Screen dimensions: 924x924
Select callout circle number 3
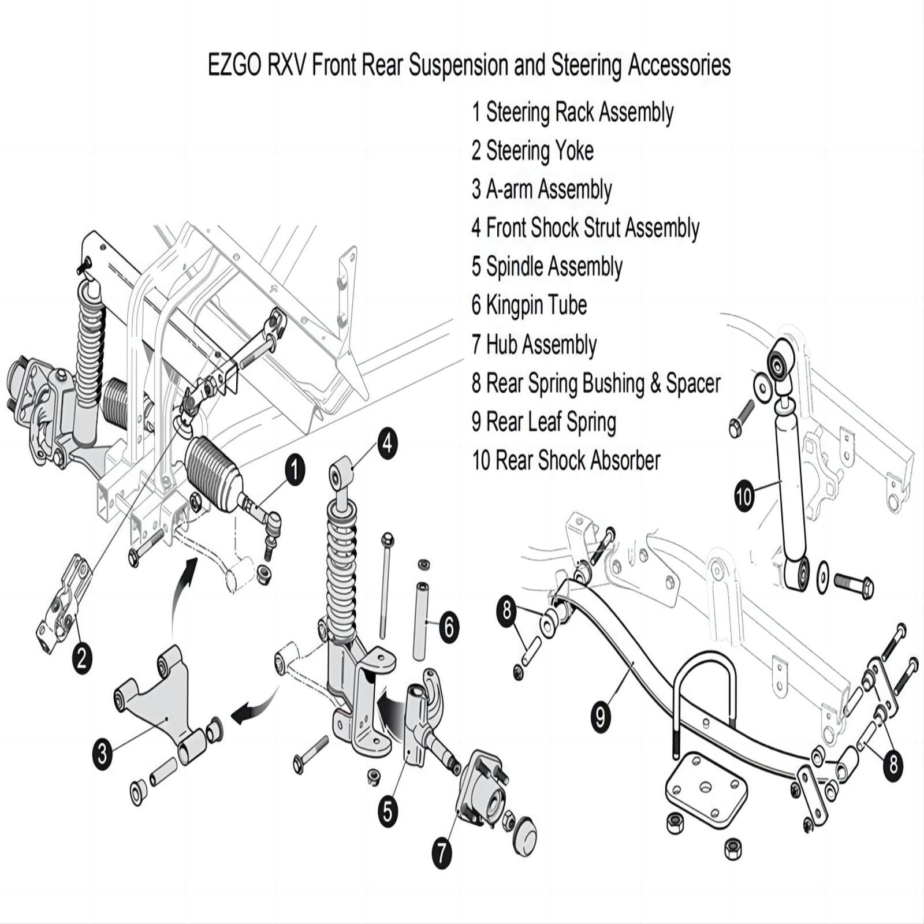point(102,753)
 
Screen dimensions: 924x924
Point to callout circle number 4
point(387,444)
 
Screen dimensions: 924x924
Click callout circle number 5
point(388,812)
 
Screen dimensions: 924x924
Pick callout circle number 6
point(449,627)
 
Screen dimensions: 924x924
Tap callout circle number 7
point(442,852)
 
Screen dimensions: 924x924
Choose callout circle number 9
point(601,717)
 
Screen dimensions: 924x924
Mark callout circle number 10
point(744,495)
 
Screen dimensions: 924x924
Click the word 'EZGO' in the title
point(233,65)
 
